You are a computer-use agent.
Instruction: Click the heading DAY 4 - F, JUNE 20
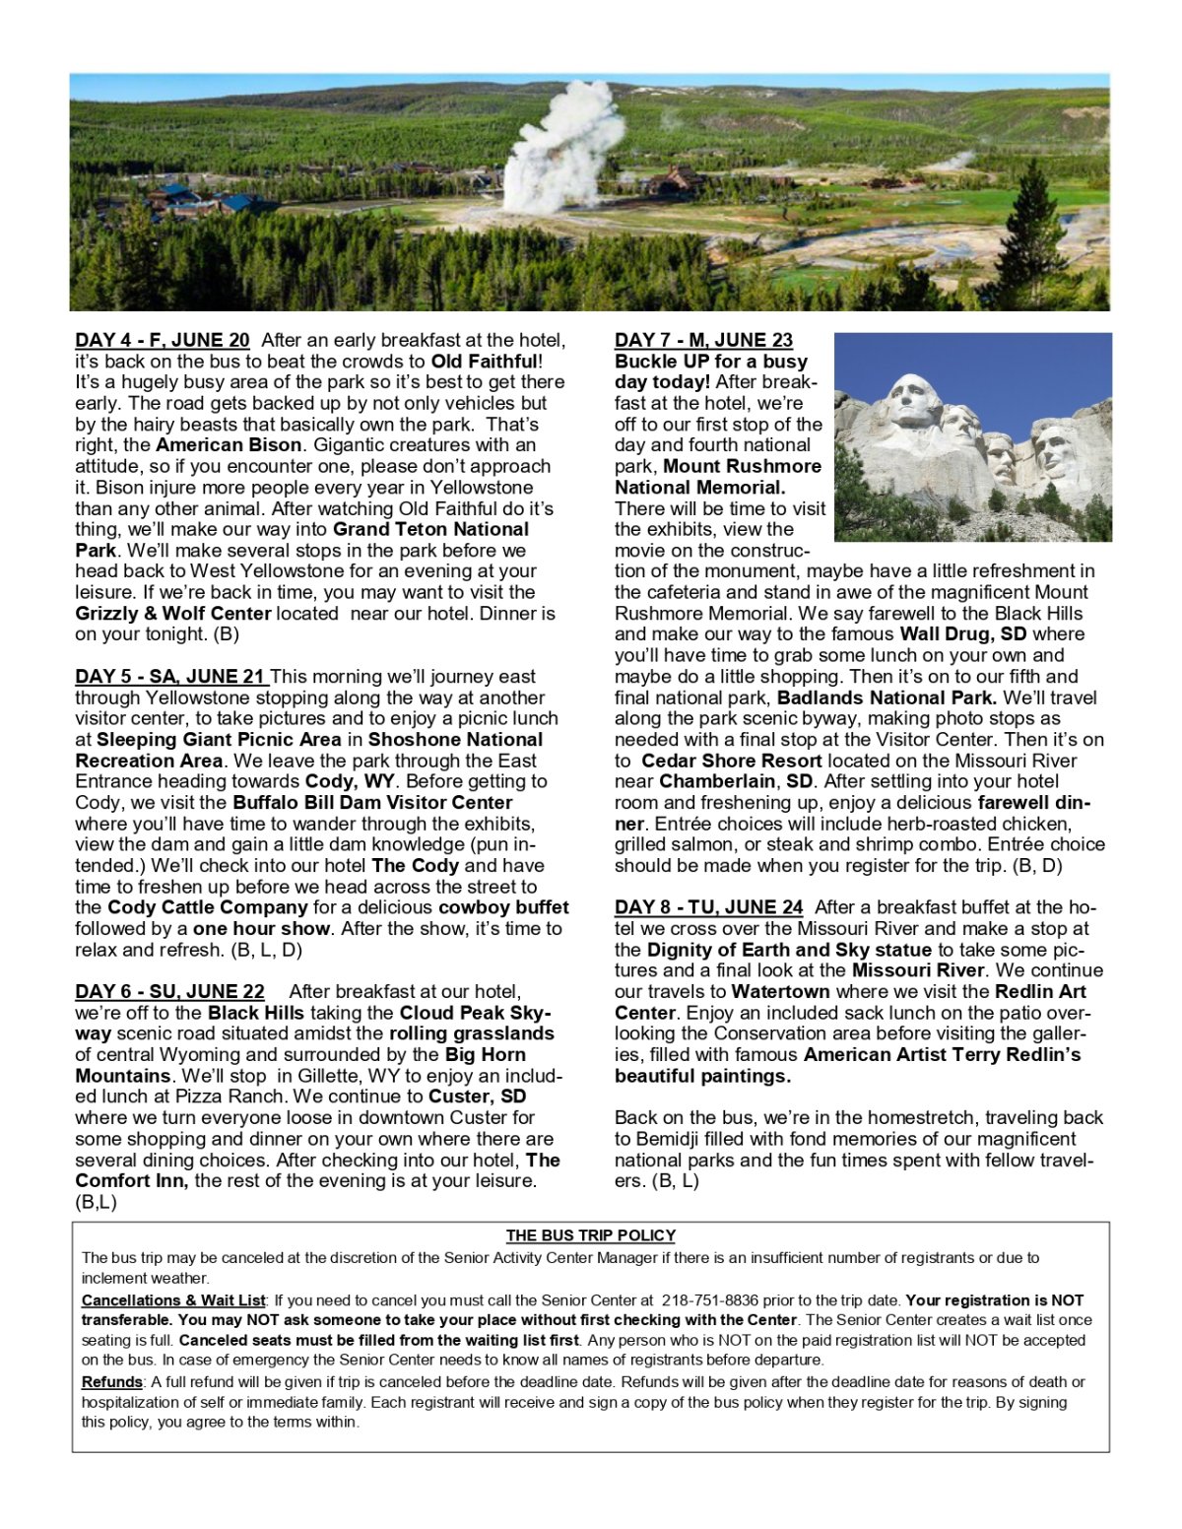pos(163,341)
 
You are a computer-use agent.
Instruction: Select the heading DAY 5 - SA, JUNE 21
pos(170,677)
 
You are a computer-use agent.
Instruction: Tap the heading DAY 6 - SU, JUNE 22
pos(169,992)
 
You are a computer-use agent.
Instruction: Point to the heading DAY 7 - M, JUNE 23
pos(703,341)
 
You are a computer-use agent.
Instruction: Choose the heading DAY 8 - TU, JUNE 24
pos(708,907)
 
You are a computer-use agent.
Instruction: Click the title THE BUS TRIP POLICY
pos(591,1235)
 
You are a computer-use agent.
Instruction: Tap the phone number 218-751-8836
pos(710,1300)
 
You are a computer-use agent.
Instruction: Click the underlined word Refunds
pos(111,1382)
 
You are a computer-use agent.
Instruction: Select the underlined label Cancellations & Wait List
pos(173,1300)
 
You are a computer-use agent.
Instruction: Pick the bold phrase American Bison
pos(230,445)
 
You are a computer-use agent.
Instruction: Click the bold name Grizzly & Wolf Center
pos(173,614)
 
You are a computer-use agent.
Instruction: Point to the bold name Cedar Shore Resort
pos(731,761)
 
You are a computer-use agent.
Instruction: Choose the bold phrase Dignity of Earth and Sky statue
pos(789,950)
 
